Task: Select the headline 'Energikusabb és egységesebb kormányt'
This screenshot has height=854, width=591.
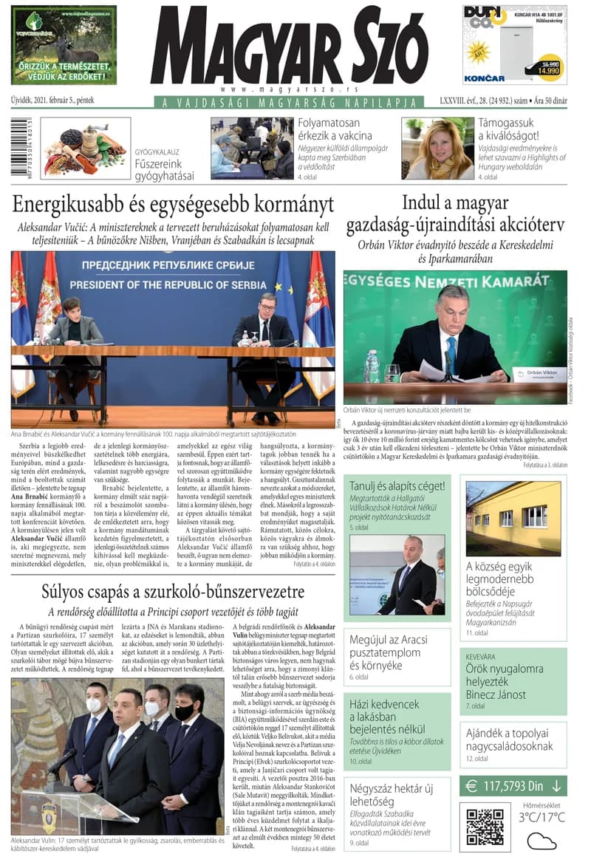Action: coord(173,205)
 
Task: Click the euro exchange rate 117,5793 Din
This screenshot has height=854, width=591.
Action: coord(513,786)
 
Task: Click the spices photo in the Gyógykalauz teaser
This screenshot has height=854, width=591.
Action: coord(85,148)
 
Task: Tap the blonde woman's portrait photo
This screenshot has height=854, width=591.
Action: coord(437,148)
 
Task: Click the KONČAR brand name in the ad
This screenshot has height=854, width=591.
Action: coord(484,78)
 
